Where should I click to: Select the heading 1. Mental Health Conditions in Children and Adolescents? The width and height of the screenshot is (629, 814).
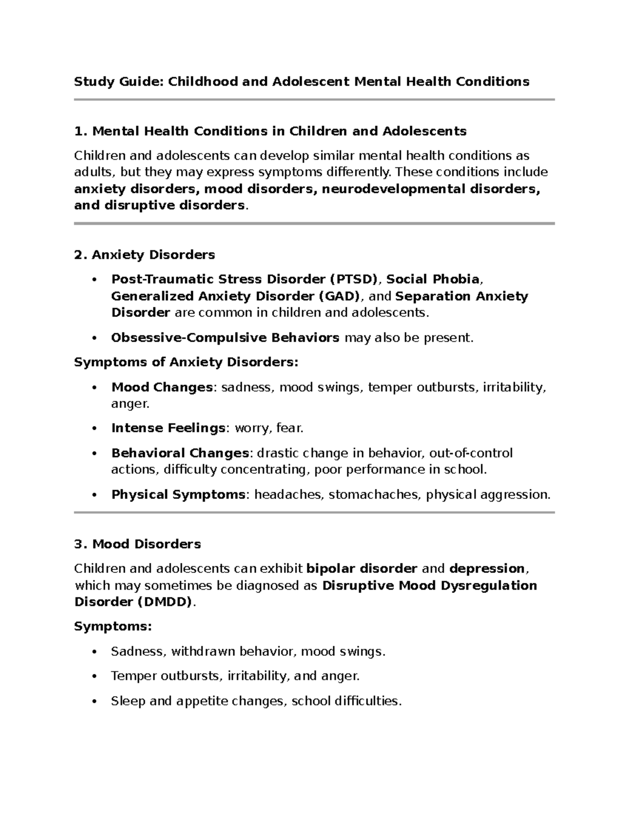pyautogui.click(x=270, y=131)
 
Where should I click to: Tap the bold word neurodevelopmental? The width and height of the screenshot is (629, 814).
pyautogui.click(x=393, y=189)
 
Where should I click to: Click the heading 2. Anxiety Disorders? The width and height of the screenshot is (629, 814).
pyautogui.click(x=145, y=255)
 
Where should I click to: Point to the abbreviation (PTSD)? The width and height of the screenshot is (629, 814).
pyautogui.click(x=353, y=279)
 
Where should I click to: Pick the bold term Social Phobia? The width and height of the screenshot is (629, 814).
pyautogui.click(x=432, y=279)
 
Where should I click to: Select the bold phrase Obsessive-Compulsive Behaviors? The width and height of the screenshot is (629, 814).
pyautogui.click(x=225, y=338)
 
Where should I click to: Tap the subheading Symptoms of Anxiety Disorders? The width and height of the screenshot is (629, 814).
pyautogui.click(x=186, y=362)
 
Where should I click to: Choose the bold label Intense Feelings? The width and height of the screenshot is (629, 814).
pyautogui.click(x=168, y=428)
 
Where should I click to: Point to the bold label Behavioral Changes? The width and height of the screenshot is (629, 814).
pyautogui.click(x=180, y=453)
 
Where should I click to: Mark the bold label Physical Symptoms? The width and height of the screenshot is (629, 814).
pyautogui.click(x=178, y=494)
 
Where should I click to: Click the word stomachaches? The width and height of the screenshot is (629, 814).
pyautogui.click(x=374, y=494)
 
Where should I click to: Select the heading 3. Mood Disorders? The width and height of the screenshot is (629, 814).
pyautogui.click(x=137, y=544)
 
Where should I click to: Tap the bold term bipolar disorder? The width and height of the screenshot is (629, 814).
pyautogui.click(x=361, y=569)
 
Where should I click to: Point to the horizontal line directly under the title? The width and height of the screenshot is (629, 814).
pyautogui.click(x=314, y=100)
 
